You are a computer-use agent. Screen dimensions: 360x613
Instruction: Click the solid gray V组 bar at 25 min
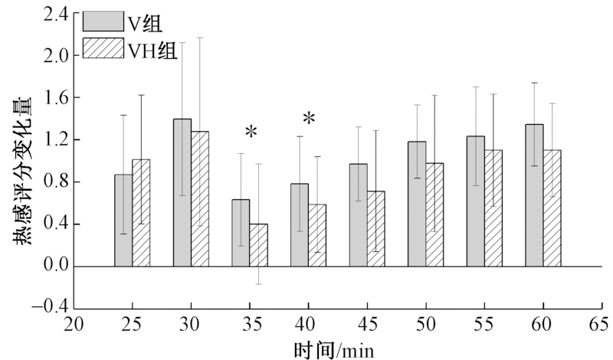click(123, 221)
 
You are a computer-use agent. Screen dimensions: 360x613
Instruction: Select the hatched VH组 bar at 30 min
click(200, 199)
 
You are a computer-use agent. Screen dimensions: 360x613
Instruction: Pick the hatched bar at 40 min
click(317, 235)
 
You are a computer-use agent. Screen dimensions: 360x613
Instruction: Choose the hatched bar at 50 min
click(434, 215)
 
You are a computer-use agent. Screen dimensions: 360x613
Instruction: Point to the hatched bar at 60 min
click(552, 208)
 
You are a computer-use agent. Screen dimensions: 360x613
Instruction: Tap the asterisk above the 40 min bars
click(309, 119)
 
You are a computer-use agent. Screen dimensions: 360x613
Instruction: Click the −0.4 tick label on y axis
click(53, 309)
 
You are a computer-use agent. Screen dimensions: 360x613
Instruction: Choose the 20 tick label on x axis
click(74, 325)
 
